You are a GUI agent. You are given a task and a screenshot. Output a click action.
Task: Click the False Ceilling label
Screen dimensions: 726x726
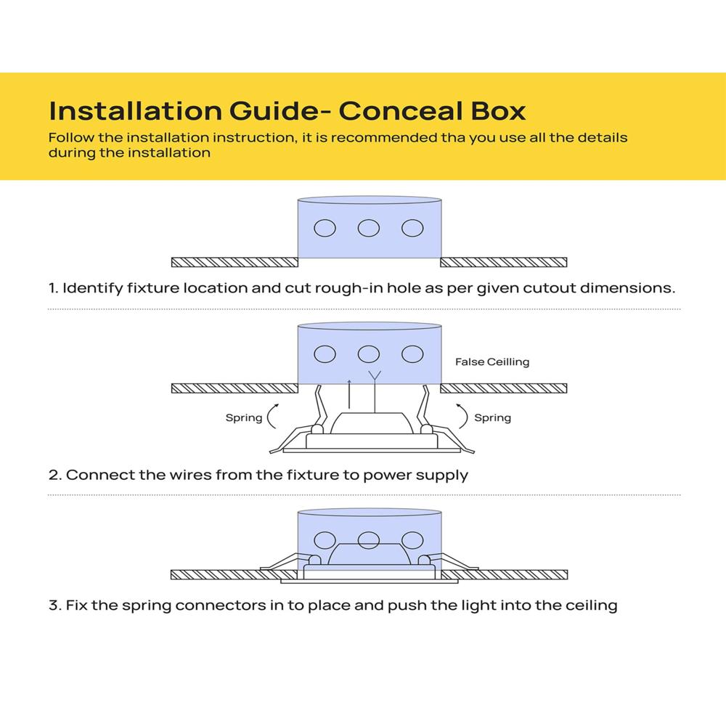pos(492,362)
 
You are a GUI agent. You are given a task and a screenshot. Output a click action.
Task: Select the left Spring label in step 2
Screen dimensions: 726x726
pos(244,418)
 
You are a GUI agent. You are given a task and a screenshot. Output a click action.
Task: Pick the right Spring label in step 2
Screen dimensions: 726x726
pos(492,418)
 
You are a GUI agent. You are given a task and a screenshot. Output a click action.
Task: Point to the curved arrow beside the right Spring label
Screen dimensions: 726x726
pos(462,417)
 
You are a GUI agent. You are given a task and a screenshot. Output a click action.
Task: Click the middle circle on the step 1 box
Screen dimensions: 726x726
pos(369,228)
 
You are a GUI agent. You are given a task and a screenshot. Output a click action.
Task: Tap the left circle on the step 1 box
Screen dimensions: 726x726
pos(325,228)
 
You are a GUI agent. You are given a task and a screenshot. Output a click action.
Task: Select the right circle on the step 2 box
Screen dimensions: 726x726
pos(412,354)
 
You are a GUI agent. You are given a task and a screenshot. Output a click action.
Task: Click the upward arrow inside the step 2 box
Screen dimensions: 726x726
pos(350,396)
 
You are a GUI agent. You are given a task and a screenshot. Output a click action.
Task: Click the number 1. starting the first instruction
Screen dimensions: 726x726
pos(54,288)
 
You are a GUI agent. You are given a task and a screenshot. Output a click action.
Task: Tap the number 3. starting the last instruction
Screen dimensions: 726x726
pos(54,605)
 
